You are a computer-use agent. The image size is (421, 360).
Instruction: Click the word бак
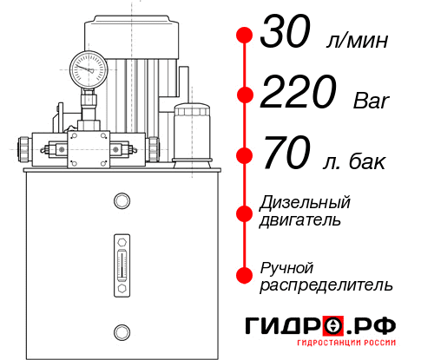click(367, 162)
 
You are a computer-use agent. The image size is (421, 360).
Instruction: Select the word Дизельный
click(306, 203)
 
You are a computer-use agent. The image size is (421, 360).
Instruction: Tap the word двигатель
click(300, 220)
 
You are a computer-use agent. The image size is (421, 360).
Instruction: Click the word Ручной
click(286, 267)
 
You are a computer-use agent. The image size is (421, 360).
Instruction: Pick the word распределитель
click(326, 285)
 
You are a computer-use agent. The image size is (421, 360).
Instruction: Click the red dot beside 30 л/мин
click(244, 36)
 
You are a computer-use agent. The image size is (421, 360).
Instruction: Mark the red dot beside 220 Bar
click(244, 95)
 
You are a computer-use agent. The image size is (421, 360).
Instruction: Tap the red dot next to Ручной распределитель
click(244, 275)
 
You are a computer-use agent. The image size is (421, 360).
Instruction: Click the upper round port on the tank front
click(121, 202)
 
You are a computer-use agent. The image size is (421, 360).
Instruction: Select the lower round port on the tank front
click(121, 330)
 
